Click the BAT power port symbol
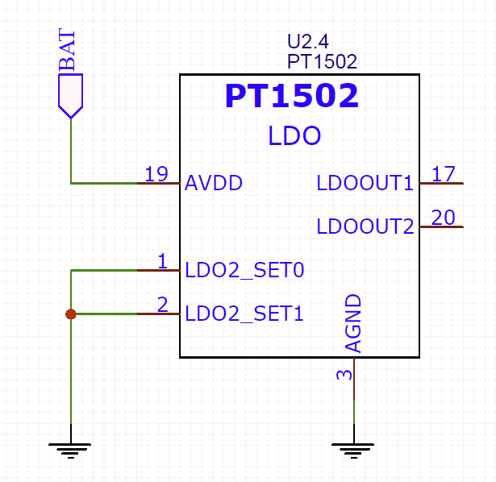coord(70,96)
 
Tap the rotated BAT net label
coord(67,50)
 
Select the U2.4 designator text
coord(308,41)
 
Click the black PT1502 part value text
coord(322,61)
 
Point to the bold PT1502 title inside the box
coord(292,95)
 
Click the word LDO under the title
coord(294,135)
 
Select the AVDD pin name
coord(214,183)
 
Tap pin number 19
coord(156,174)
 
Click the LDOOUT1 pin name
coord(365,183)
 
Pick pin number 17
coord(444,174)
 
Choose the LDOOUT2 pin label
coord(365,226)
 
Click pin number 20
coord(443,218)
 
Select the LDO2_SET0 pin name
coord(244,270)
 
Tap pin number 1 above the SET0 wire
coord(163,261)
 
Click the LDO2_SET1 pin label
coord(244,314)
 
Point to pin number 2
coord(163,305)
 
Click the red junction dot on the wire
coord(71,314)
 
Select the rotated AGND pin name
coord(353,323)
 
